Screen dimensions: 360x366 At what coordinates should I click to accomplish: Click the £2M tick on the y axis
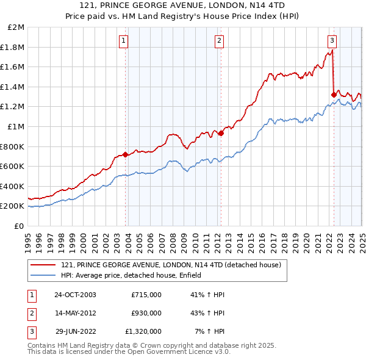pyautogui.click(x=16, y=27)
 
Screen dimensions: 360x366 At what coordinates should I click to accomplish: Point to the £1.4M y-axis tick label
pyautogui.click(x=13, y=87)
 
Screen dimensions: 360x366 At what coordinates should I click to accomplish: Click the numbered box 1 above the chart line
pyautogui.click(x=123, y=41)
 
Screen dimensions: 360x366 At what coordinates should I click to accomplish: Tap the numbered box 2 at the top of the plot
pyautogui.click(x=218, y=41)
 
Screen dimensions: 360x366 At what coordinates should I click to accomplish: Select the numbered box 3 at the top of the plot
pyautogui.click(x=332, y=41)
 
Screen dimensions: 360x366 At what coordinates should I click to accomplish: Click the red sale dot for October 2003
pyautogui.click(x=126, y=154)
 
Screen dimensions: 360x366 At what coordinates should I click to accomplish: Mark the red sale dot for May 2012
pyautogui.click(x=221, y=134)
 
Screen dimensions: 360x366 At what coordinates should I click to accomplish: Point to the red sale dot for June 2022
pyautogui.click(x=333, y=95)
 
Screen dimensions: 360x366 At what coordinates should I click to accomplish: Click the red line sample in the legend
pyautogui.click(x=43, y=265)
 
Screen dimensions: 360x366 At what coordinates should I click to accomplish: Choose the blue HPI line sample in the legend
pyautogui.click(x=43, y=275)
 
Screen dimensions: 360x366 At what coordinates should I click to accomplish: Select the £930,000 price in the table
pyautogui.click(x=146, y=313)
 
